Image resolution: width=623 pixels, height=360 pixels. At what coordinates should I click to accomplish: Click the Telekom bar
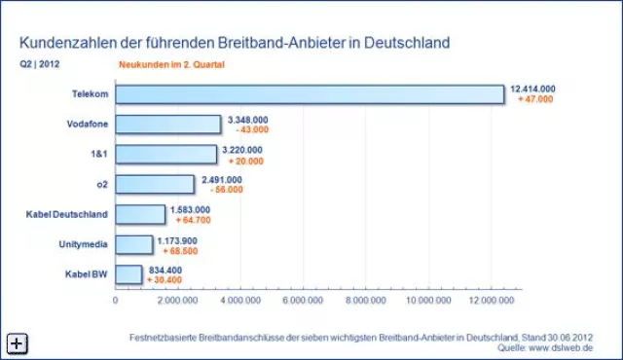pos(310,94)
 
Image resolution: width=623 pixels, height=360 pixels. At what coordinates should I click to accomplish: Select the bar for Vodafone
pos(168,125)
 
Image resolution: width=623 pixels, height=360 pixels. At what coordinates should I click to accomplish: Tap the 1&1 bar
pos(166,154)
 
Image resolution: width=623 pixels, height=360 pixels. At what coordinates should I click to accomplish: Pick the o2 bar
pos(155,184)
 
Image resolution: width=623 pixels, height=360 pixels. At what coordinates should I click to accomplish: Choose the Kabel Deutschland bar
pos(141,214)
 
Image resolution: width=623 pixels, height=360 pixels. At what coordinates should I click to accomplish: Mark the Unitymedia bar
pos(134,243)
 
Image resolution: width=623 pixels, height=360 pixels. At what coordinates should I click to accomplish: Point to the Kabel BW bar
pos(128,273)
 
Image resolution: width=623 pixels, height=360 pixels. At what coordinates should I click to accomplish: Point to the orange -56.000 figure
pos(222,190)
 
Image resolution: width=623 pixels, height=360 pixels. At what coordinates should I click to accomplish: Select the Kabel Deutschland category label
pos(67,214)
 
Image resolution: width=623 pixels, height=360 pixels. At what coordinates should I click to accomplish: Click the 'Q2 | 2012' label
pos(38,65)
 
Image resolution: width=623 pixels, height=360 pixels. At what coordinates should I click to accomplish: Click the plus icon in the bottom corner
pos(18,342)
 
